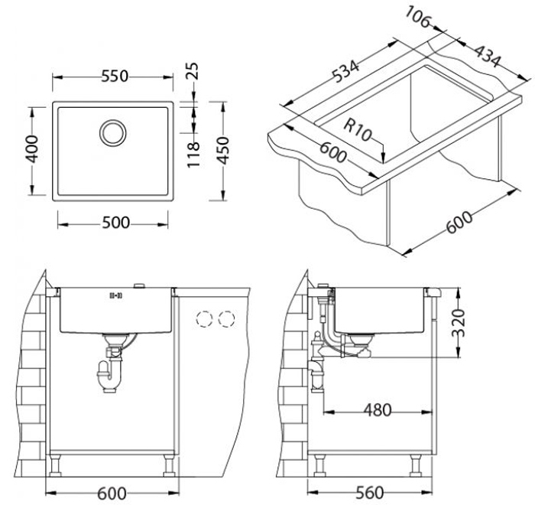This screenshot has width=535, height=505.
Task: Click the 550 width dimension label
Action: (x=115, y=77)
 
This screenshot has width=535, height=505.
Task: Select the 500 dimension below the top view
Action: (x=116, y=223)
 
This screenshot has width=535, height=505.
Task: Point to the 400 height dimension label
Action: (x=33, y=149)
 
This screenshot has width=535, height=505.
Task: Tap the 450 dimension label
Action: (x=223, y=150)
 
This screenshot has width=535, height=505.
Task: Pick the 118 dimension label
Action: (x=193, y=155)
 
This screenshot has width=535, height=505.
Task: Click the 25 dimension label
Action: (x=193, y=70)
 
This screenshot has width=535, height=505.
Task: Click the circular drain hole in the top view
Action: (x=113, y=132)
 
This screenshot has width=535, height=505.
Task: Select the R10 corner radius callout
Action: (x=357, y=130)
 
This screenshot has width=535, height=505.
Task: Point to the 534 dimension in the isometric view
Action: (x=345, y=71)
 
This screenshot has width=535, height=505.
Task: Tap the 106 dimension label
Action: (x=418, y=17)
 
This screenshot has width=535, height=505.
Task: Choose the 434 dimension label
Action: (x=488, y=56)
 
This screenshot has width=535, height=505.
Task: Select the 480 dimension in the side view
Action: (x=378, y=409)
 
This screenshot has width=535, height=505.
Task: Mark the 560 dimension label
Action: (x=370, y=492)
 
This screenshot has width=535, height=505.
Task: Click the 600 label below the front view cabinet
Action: (x=112, y=494)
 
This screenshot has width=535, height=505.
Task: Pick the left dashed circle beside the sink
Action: (x=204, y=319)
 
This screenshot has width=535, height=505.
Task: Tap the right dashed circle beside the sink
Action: (x=226, y=319)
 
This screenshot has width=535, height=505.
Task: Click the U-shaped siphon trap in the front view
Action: (x=109, y=376)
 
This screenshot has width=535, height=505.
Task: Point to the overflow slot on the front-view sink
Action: (x=115, y=295)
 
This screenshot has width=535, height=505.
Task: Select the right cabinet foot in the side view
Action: (x=417, y=465)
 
